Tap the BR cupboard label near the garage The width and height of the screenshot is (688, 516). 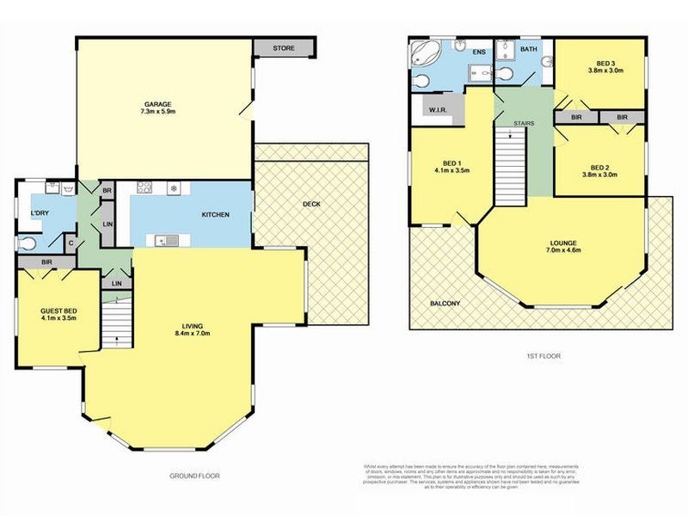click(107, 191)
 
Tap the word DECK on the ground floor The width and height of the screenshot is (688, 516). click(311, 205)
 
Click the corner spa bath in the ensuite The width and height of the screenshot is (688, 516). click(423, 52)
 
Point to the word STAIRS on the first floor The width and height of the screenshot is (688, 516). click(523, 124)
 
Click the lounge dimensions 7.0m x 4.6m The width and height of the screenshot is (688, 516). click(564, 251)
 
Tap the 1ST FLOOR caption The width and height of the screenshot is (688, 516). click(543, 354)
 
